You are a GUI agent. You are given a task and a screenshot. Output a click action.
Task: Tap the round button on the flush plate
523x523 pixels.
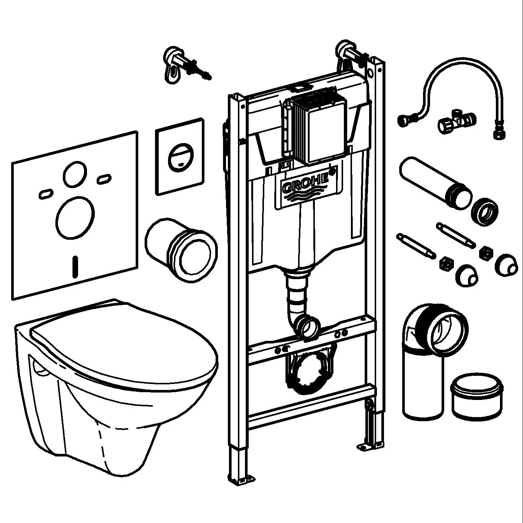pos(180,157)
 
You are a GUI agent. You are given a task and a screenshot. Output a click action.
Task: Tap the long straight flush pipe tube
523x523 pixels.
pos(431,182)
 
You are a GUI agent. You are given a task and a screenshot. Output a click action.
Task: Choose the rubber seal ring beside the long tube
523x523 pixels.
pos(485,212)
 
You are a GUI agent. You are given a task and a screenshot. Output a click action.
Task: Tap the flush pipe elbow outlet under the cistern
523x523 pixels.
pos(309,326)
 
